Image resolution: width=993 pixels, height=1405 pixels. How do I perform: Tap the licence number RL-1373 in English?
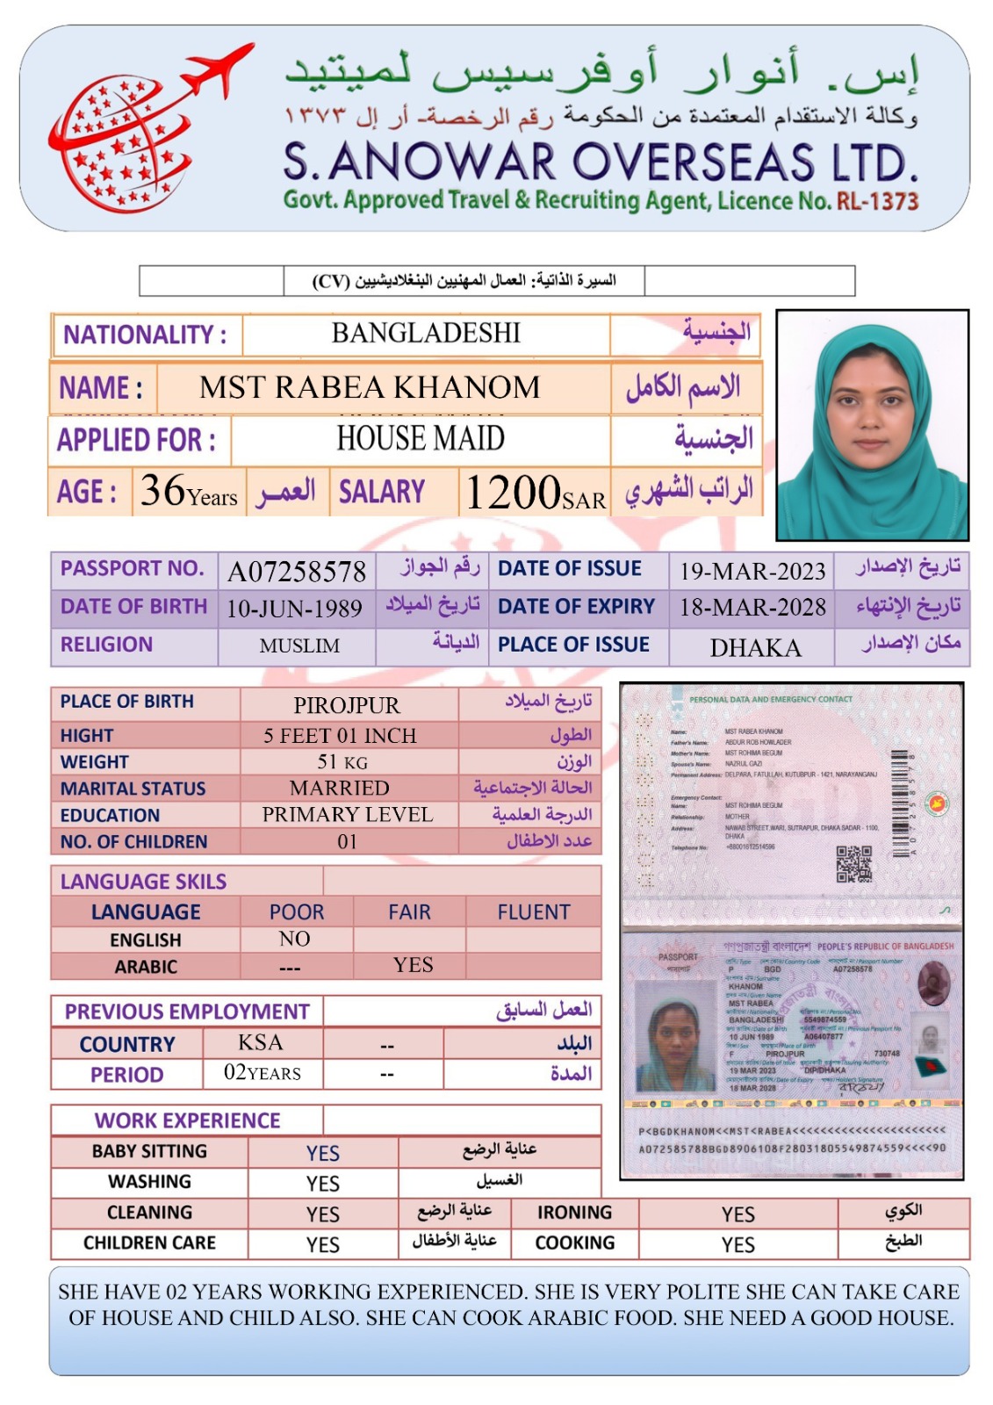point(877,201)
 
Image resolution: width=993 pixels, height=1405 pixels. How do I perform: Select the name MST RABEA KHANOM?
point(370,387)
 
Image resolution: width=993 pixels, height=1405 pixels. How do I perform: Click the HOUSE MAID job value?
point(421,438)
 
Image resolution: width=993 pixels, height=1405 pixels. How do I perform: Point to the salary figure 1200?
point(513,492)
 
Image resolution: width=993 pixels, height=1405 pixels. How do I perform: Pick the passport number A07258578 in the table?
point(297,572)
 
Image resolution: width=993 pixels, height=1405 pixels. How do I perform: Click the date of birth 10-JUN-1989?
point(294,609)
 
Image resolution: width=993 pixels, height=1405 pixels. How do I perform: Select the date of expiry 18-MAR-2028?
point(752,608)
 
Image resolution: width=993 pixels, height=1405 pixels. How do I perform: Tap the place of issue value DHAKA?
point(755,648)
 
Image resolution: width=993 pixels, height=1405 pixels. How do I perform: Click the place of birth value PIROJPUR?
point(347,705)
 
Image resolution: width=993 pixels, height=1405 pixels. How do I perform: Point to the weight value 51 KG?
point(342,761)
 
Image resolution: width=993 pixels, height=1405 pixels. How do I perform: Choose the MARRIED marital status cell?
point(340,788)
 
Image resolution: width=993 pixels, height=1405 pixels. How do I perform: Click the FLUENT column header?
point(533,912)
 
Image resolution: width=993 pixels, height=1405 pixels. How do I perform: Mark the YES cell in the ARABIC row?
point(413,965)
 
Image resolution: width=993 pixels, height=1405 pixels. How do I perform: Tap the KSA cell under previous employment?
point(261,1042)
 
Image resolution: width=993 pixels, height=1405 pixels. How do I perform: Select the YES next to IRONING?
point(738,1214)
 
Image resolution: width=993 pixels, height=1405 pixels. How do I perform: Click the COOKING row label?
point(575,1243)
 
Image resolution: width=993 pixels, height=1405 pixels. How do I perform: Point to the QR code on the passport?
point(853,863)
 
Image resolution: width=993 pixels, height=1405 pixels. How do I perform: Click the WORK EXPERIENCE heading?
point(187,1120)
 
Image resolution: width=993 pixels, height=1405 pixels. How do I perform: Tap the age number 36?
point(163,490)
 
